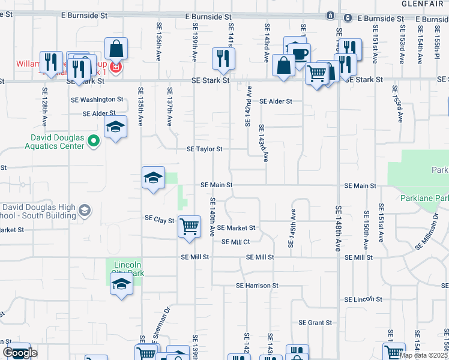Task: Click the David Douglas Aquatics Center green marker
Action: [93, 142]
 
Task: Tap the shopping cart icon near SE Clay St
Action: [190, 227]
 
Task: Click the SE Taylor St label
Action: [205, 149]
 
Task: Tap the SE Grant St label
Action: [316, 323]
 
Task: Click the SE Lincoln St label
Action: [363, 299]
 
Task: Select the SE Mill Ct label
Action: [235, 242]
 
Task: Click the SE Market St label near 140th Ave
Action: [236, 228]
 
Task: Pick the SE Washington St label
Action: [97, 100]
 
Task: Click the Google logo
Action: [19, 353]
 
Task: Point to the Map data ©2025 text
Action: [423, 355]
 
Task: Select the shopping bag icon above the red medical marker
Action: [116, 49]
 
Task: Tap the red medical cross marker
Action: [114, 67]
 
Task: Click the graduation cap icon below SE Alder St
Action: [115, 126]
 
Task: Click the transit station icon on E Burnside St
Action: [330, 15]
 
